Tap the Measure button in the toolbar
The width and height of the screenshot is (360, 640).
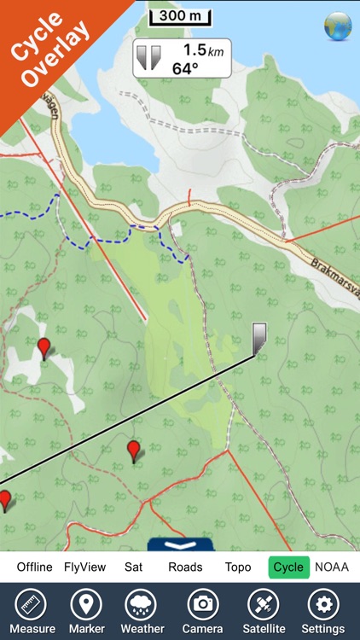[x=32, y=610]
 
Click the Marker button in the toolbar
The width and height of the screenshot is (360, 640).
[x=85, y=610]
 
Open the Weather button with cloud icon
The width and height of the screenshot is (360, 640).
[x=142, y=610]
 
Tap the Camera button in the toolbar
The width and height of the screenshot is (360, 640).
[x=203, y=610]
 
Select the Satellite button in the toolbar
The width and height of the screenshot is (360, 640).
[x=263, y=610]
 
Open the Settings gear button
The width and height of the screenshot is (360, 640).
[x=322, y=610]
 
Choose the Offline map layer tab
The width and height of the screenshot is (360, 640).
[x=34, y=567]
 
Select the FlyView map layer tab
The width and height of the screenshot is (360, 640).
[x=85, y=567]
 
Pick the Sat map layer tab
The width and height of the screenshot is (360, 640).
[x=133, y=567]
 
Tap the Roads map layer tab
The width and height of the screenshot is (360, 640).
[x=185, y=567]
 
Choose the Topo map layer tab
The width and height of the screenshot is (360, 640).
[x=238, y=567]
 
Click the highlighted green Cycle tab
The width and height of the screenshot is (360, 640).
[x=288, y=567]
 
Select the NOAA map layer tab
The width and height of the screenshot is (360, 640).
[x=332, y=567]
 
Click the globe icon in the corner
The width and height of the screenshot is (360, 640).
[x=338, y=26]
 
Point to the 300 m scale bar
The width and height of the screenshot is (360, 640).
[x=180, y=16]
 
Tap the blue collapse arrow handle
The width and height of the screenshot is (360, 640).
[x=180, y=544]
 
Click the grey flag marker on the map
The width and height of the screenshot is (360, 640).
[x=259, y=337]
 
